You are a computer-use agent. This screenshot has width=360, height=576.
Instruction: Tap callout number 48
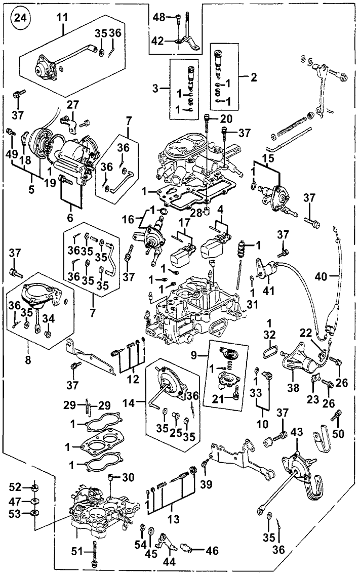pyautogui.click(x=159, y=17)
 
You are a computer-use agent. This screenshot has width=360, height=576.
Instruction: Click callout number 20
pyautogui.click(x=225, y=119)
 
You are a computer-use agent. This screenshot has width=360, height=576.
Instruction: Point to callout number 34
pyautogui.click(x=48, y=318)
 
